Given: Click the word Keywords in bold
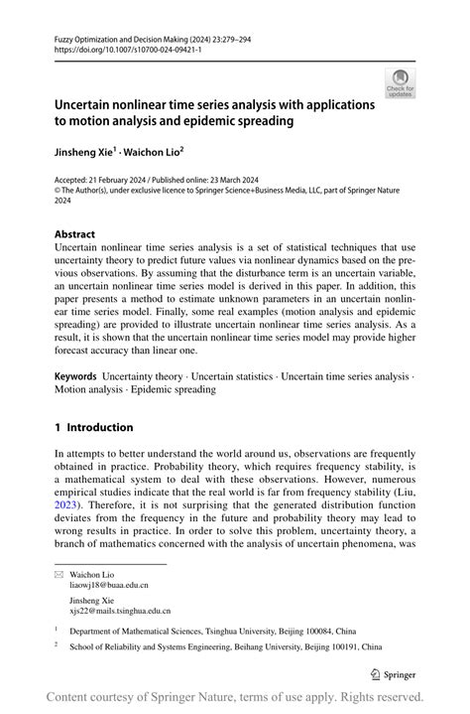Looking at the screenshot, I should (75, 376).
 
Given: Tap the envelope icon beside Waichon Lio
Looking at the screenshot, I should (61, 575).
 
